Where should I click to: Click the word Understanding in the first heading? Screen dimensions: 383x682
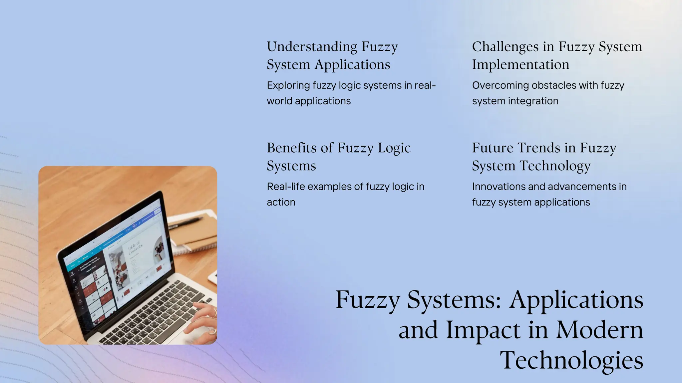pyautogui.click(x=312, y=47)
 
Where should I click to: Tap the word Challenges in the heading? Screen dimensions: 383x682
pyautogui.click(x=505, y=47)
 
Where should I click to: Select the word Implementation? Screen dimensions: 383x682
pyautogui.click(x=520, y=64)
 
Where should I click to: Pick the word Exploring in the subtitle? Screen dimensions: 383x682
pyautogui.click(x=288, y=85)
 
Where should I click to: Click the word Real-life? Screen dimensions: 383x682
pyautogui.click(x=286, y=187)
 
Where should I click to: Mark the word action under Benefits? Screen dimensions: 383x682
pyautogui.click(x=281, y=202)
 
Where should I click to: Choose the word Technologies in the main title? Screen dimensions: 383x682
pyautogui.click(x=571, y=360)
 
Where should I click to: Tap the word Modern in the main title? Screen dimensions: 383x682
pyautogui.click(x=599, y=330)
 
